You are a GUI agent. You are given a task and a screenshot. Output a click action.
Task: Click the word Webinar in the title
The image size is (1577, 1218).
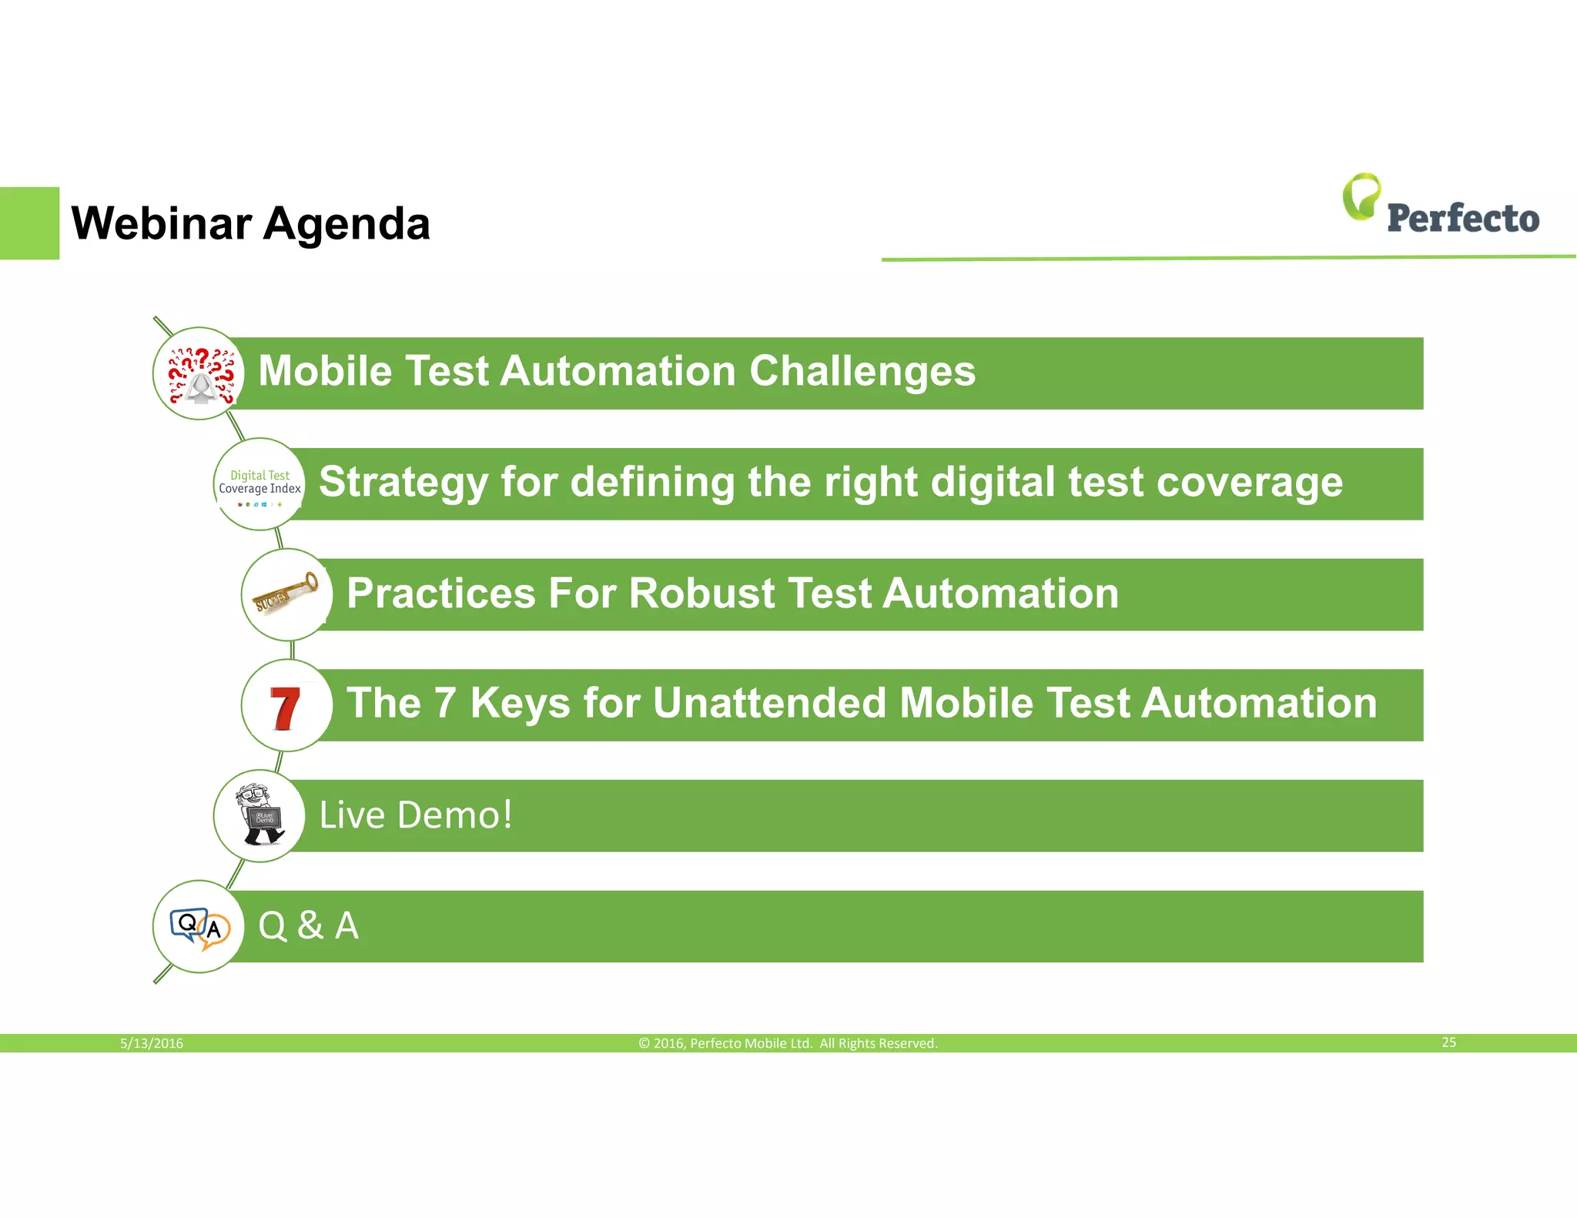(x=161, y=224)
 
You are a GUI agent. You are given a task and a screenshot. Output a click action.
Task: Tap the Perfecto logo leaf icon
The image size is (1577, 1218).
(x=1361, y=196)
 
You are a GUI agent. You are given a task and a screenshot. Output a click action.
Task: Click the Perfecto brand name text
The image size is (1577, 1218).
(x=1462, y=219)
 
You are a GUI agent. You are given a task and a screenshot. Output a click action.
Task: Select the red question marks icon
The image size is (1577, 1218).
(x=200, y=374)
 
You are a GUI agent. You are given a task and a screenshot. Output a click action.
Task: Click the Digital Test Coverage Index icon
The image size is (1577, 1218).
(x=259, y=484)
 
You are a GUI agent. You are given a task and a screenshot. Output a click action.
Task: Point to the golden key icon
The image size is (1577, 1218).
(x=286, y=594)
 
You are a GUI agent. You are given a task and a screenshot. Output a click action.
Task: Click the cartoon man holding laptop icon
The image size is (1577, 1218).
(x=260, y=815)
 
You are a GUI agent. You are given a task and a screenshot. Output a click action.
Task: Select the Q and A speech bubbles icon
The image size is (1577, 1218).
(x=199, y=927)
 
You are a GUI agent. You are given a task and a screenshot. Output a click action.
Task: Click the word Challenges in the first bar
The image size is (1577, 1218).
(x=862, y=371)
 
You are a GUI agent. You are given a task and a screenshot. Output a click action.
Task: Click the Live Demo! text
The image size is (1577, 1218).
(x=416, y=815)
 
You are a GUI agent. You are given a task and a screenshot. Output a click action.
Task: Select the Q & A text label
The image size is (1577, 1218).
(x=308, y=925)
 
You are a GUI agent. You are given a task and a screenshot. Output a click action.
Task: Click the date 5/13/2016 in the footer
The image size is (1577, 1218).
(x=152, y=1043)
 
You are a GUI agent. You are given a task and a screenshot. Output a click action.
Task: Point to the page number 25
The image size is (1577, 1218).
(x=1448, y=1042)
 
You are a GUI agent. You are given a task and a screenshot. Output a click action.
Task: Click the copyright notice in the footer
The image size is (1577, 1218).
(x=788, y=1043)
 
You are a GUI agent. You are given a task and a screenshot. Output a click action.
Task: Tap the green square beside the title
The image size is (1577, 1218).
(x=29, y=223)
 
